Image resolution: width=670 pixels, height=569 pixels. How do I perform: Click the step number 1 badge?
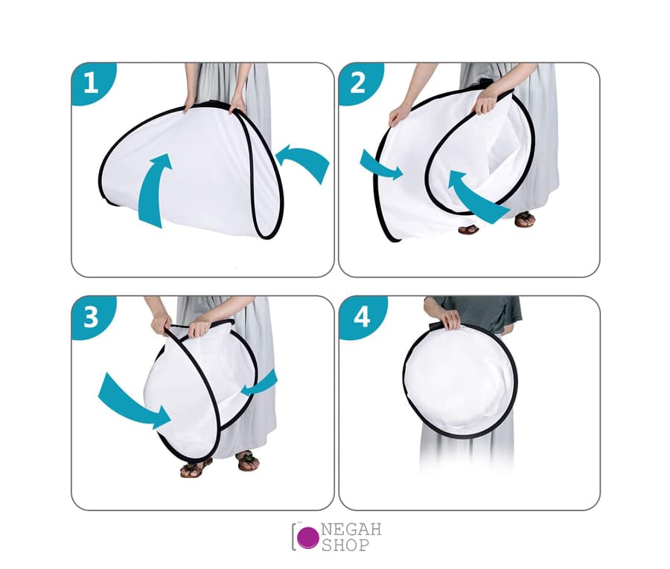91,83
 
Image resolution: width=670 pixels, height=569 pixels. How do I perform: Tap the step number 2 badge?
358,83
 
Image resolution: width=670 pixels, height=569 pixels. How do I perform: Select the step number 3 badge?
91,317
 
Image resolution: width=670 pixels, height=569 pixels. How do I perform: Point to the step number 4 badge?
362,317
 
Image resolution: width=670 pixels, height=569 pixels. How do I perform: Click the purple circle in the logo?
307,537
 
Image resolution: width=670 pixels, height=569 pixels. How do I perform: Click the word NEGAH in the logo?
351,530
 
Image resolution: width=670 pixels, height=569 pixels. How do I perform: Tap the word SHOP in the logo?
345,544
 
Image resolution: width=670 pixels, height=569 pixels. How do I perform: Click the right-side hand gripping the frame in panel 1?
237,105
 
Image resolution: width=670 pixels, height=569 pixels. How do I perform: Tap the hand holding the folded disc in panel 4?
450,319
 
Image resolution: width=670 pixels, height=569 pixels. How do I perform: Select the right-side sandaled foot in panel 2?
524,219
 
